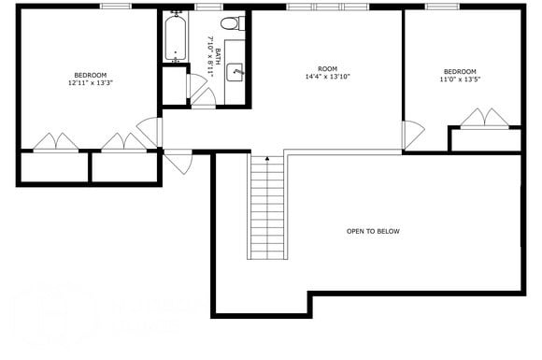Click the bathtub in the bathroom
coord(175,38)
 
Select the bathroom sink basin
coord(236,70)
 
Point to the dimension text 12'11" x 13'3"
coord(91,83)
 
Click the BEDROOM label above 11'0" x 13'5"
coord(460,72)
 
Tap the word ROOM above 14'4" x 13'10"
coord(327,68)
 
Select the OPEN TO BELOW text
coord(373,231)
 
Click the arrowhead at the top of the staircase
coord(267,160)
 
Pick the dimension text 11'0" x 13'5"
coord(460,80)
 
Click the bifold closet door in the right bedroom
coord(485,118)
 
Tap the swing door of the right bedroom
coord(411,136)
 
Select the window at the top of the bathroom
coord(207,7)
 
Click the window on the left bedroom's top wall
coord(115,7)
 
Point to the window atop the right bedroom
coord(439,7)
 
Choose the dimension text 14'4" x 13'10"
coord(327,76)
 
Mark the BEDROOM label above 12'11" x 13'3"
coord(91,75)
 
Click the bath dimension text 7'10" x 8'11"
coord(209,56)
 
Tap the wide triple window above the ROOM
coord(328,7)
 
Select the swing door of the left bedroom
coord(150,132)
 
